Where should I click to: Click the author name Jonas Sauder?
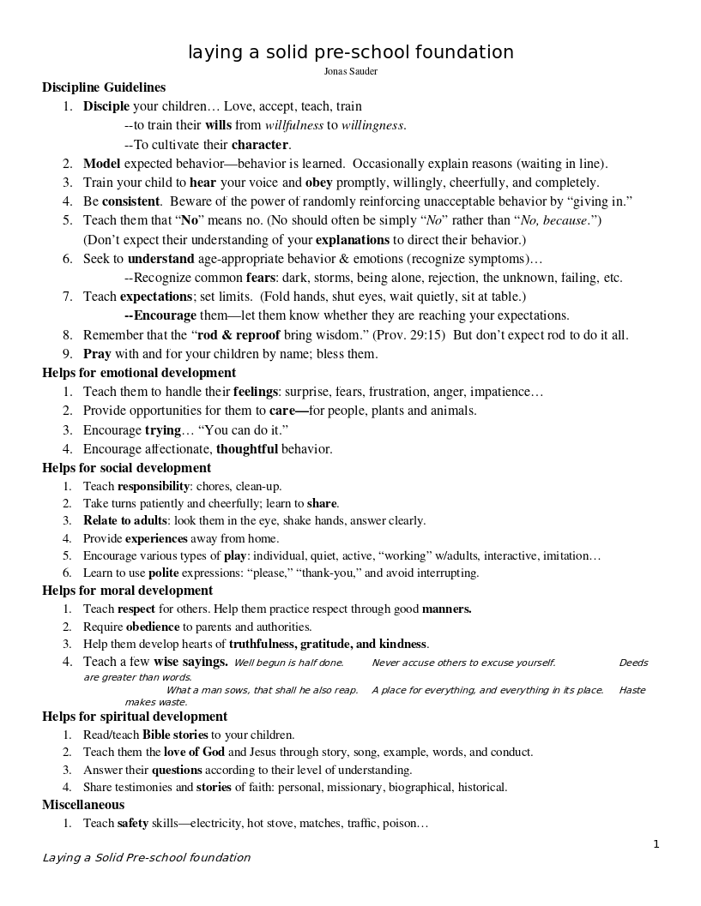(351, 71)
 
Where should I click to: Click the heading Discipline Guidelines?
(104, 87)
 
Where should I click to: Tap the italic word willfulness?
(293, 125)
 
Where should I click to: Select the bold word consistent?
(130, 201)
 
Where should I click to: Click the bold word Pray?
(96, 354)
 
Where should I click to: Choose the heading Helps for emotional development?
(139, 373)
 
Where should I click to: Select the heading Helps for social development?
(126, 468)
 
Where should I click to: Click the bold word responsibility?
(153, 486)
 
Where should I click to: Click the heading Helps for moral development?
(127, 591)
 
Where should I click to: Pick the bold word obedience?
(153, 627)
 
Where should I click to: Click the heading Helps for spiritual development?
(135, 717)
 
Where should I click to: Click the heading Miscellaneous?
(83, 805)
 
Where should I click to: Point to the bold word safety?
(133, 824)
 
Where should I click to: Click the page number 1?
(656, 844)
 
